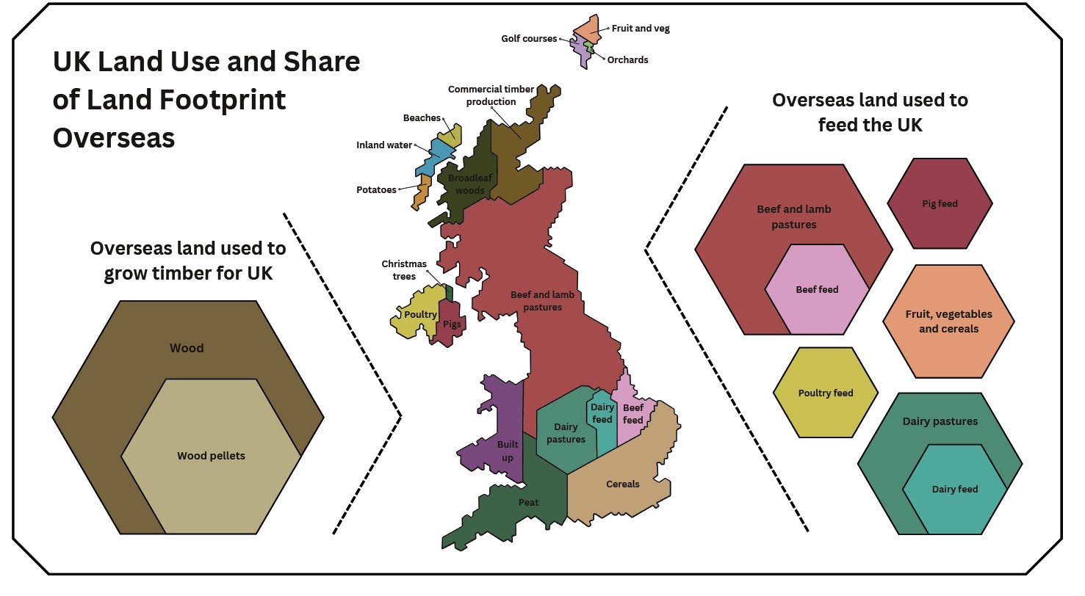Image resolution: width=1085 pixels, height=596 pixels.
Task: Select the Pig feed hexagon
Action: [940, 203]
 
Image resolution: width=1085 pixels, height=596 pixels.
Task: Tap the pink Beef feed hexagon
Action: [817, 289]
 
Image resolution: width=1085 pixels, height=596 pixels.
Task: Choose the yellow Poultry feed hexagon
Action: [825, 393]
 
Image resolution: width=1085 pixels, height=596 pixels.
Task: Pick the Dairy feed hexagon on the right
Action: [954, 490]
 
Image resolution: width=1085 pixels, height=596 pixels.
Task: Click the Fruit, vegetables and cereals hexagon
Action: [948, 321]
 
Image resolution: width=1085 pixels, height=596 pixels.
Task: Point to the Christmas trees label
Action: [399, 270]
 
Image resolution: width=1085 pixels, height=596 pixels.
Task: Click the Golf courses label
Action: [529, 39]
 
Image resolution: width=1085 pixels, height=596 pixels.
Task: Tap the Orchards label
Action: [627, 60]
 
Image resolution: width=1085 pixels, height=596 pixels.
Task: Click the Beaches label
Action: [422, 118]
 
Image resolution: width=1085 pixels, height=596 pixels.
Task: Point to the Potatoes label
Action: [376, 190]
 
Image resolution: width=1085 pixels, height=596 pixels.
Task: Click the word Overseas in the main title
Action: [114, 138]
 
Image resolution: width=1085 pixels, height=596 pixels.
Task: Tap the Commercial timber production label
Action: [491, 95]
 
